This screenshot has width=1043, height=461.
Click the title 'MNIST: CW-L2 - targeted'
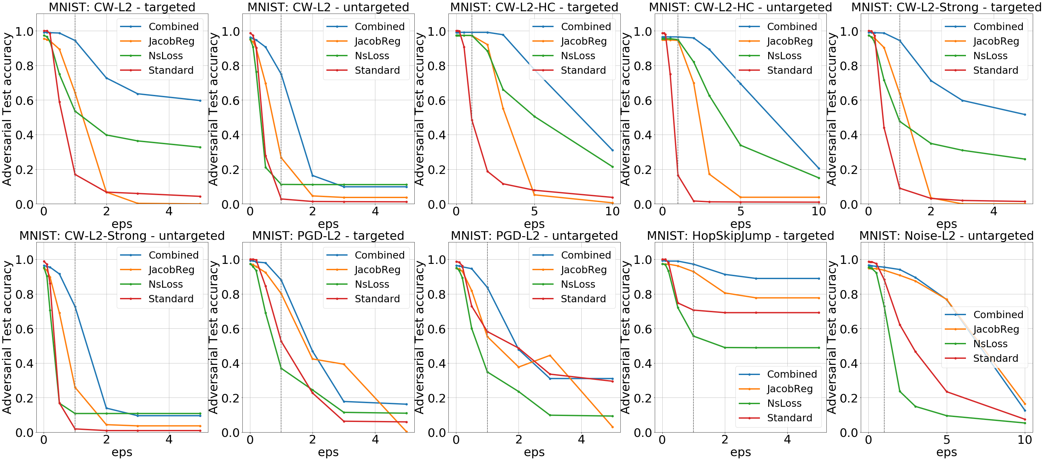tap(122, 7)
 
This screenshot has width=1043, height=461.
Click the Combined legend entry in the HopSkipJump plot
tap(792, 374)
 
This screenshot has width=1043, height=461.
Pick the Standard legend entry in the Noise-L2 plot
tap(995, 358)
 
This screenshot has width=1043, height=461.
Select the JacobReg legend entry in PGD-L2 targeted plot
tap(377, 270)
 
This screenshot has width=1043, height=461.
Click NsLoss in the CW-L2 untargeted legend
tap(372, 56)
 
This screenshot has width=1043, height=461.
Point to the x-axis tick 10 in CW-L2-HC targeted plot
tap(612, 211)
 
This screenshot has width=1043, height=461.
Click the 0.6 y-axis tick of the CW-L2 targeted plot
tap(25, 101)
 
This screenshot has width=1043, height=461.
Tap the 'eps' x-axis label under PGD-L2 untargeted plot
tap(534, 452)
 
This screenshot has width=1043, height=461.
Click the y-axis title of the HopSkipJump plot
tap(626, 337)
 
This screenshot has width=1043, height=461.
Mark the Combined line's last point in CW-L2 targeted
tap(200, 101)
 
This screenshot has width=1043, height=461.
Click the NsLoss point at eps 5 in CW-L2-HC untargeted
tap(740, 145)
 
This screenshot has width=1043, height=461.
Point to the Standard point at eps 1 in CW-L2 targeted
tap(75, 174)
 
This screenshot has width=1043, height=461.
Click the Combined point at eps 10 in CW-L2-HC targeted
tap(612, 150)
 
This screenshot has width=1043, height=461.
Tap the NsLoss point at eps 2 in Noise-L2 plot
tap(900, 391)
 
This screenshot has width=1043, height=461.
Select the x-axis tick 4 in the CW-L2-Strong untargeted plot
tap(169, 440)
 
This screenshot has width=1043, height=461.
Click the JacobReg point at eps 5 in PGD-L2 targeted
tap(406, 432)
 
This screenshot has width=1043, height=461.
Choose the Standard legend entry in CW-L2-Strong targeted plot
tap(995, 70)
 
